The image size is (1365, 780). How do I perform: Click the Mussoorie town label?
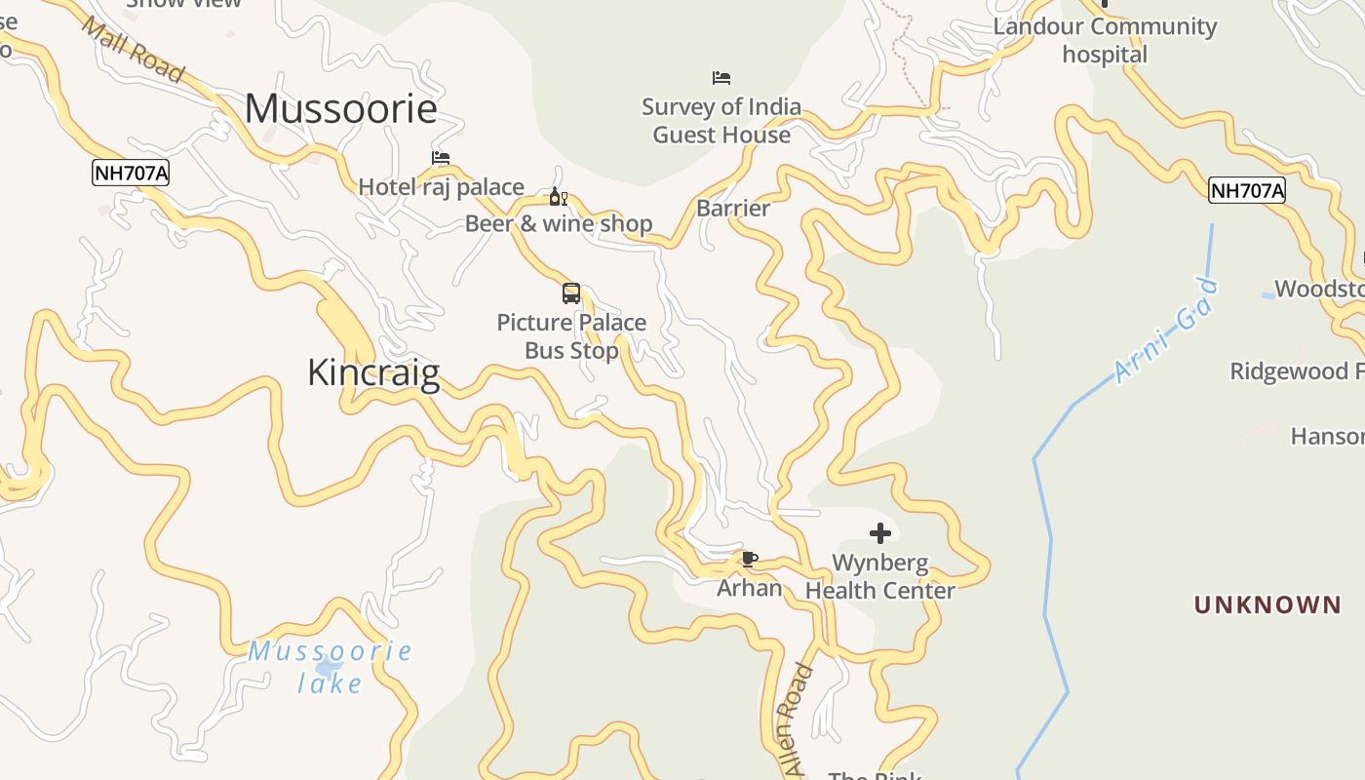(340, 108)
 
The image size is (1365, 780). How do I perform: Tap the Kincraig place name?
(373, 372)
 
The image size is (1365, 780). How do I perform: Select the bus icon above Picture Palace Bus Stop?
(571, 292)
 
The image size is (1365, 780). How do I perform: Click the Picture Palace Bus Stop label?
(571, 336)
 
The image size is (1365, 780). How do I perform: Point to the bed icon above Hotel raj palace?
(441, 157)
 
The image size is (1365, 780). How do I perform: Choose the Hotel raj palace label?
(441, 186)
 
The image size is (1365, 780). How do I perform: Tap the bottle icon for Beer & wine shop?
(558, 197)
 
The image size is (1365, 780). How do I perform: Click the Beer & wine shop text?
(558, 223)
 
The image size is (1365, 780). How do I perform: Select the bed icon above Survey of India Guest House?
(721, 77)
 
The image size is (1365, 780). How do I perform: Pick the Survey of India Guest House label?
(721, 121)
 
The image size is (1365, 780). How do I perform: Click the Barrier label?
(733, 208)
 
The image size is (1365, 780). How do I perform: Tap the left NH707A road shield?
(131, 174)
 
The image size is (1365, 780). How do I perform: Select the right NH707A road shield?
(1247, 190)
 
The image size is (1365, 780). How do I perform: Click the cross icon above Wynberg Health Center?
(879, 533)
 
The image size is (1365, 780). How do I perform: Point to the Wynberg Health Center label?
(879, 576)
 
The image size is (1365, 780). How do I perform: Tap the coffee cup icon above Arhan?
(749, 559)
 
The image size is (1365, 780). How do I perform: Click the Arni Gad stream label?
(1166, 331)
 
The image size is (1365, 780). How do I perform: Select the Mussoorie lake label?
(330, 667)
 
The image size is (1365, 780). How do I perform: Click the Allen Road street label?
(798, 720)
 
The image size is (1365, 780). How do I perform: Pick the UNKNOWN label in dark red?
(1267, 604)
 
